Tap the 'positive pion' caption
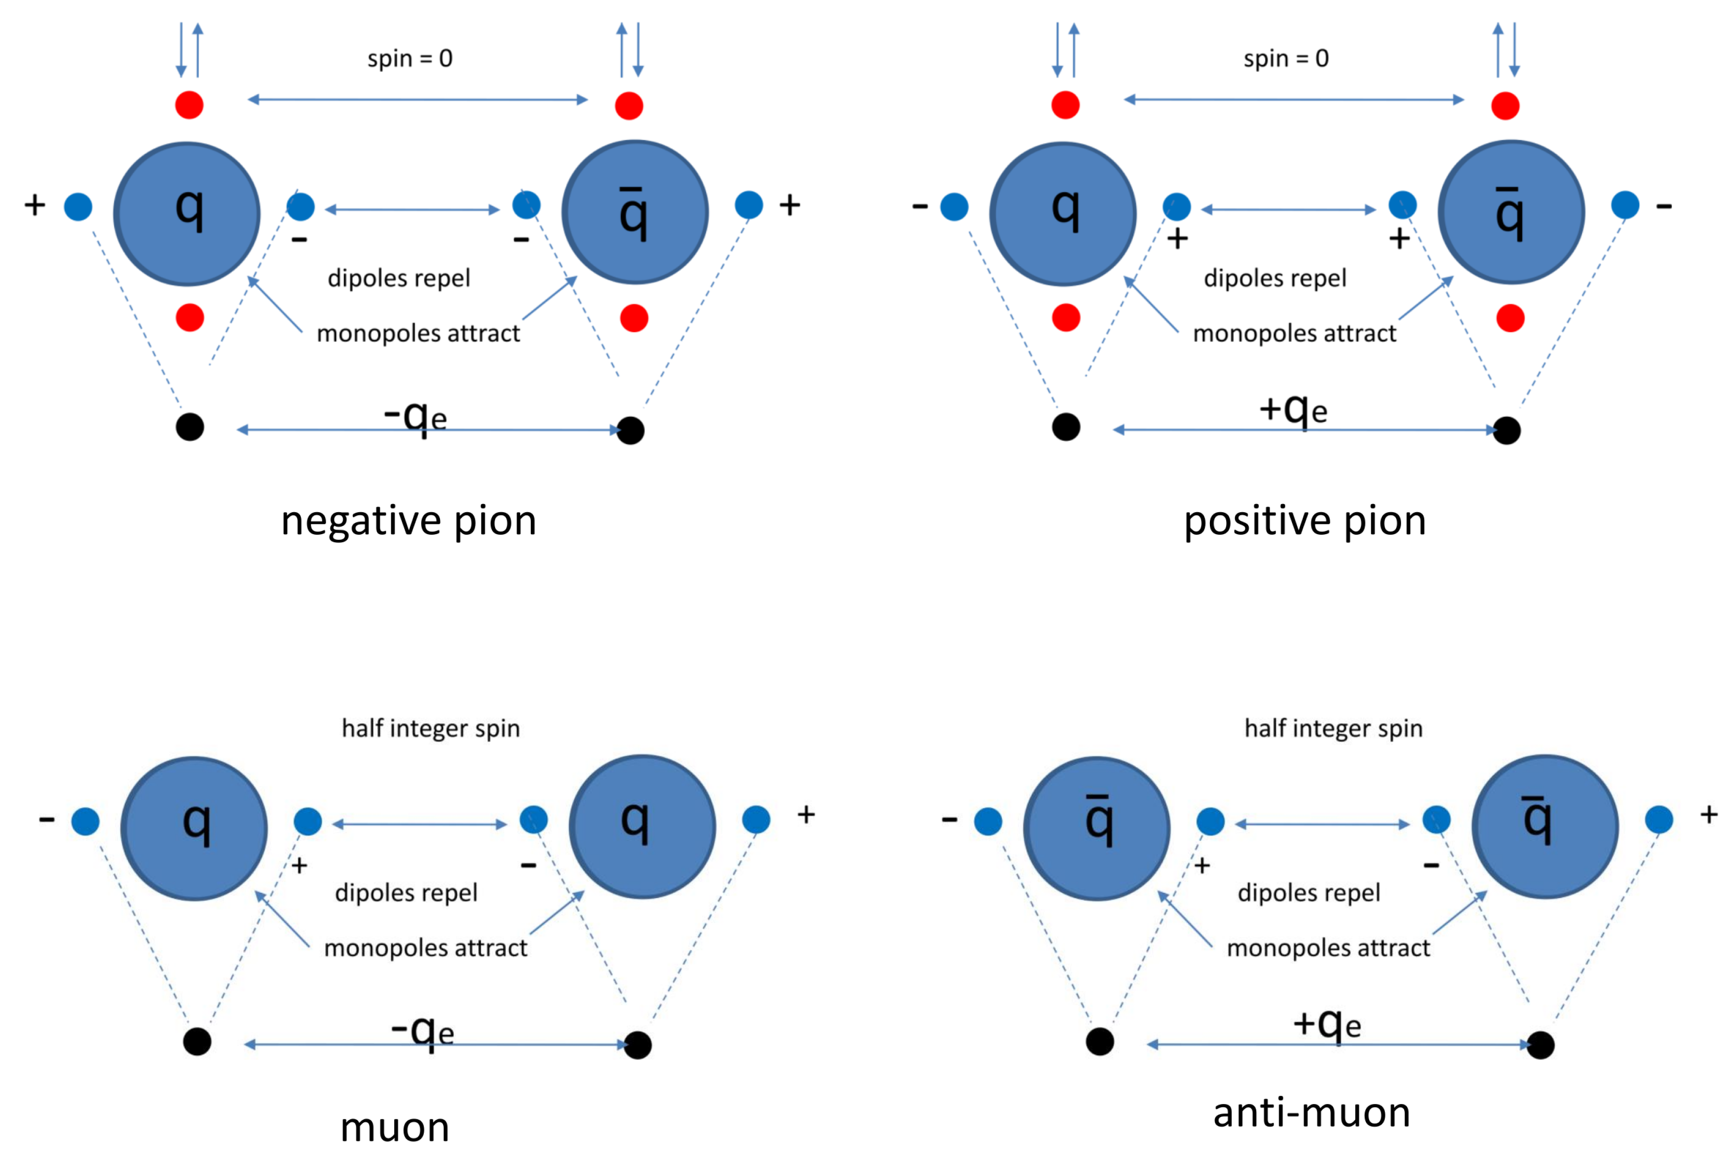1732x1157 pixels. [1304, 521]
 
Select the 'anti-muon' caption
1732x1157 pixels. [1311, 1112]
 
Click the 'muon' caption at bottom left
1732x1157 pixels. [395, 1127]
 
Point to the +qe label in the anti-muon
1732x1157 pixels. [1326, 1023]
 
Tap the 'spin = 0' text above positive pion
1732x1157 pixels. [1285, 58]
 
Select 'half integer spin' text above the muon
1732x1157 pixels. [430, 728]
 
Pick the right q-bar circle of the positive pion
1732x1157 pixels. [1511, 213]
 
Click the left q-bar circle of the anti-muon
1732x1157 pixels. [1097, 828]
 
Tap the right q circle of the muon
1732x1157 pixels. [641, 826]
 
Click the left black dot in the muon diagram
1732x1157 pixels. [197, 1041]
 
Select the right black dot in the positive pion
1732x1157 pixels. [1506, 430]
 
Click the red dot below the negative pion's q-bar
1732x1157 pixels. [634, 318]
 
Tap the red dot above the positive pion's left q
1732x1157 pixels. [1065, 105]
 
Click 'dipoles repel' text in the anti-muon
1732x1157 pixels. [1308, 893]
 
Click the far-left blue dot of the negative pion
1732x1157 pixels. [78, 206]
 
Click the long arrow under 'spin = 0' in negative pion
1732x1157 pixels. [417, 99]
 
